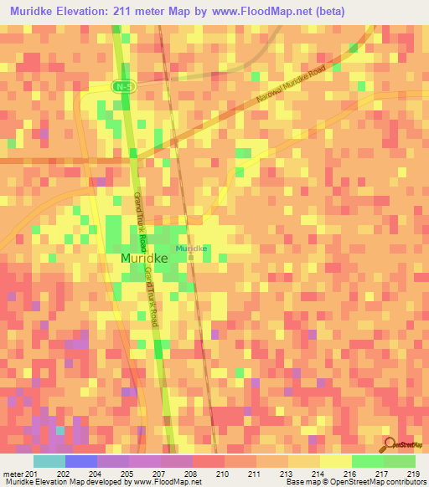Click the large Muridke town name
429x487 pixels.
pyautogui.click(x=144, y=259)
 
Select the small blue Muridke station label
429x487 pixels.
pyautogui.click(x=191, y=249)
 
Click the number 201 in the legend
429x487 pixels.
pyautogui.click(x=34, y=474)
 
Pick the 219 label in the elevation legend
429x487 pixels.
pyautogui.click(x=414, y=474)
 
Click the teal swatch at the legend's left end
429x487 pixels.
pyautogui.click(x=49, y=461)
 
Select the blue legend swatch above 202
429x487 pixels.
pyautogui.click(x=81, y=461)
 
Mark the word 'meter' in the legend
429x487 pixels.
pyautogui.click(x=12, y=474)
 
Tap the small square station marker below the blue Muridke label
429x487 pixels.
pyautogui.click(x=191, y=257)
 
